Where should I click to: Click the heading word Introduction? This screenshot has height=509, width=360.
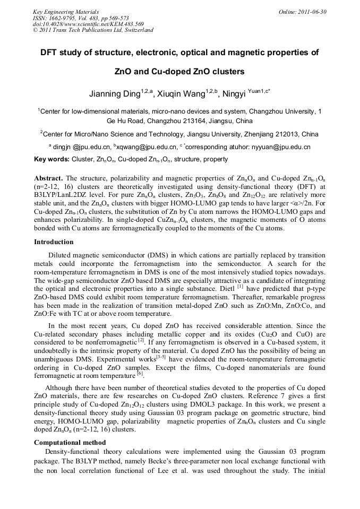tap(54, 242)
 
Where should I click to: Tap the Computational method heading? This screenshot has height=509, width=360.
tap(70, 442)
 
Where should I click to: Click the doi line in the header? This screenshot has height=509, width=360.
tap(88, 24)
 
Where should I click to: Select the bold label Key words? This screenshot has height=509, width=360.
tap(52, 159)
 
